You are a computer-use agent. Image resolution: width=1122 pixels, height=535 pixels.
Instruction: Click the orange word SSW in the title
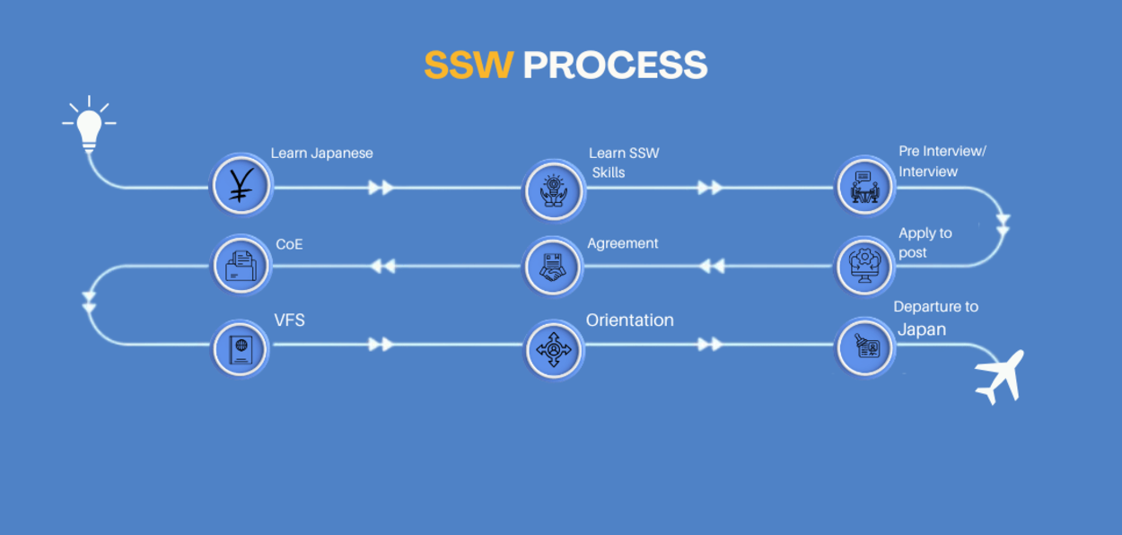click(x=469, y=66)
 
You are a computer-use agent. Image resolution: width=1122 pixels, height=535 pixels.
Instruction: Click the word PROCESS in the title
click(x=615, y=66)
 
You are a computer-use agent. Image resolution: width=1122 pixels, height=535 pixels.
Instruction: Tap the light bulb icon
click(x=89, y=124)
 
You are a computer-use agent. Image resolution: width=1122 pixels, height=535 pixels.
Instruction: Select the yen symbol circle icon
click(x=241, y=185)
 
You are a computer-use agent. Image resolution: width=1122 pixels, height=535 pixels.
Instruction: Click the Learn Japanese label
click(x=321, y=153)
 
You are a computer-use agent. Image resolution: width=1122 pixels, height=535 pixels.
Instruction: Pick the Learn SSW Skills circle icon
click(x=554, y=191)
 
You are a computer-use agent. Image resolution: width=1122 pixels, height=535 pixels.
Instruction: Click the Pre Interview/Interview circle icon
click(x=864, y=187)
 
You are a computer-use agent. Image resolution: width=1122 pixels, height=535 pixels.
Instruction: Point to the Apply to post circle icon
click(x=864, y=266)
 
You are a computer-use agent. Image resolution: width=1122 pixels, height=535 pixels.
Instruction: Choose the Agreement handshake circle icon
click(x=553, y=267)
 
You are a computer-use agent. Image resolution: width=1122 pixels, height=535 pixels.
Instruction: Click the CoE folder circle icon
click(x=241, y=265)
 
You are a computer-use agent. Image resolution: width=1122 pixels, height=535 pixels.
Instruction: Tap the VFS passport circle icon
click(x=241, y=348)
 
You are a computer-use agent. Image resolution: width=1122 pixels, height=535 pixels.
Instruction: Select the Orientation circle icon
click(x=554, y=349)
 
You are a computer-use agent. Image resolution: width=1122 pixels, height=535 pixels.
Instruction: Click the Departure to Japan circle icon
click(x=864, y=347)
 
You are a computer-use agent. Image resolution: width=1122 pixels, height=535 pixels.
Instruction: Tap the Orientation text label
click(x=629, y=320)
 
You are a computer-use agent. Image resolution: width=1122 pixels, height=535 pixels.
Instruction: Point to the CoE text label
click(x=289, y=244)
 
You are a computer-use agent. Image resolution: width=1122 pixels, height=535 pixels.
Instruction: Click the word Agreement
click(x=622, y=243)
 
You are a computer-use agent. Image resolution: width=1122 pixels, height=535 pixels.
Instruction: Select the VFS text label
click(x=289, y=320)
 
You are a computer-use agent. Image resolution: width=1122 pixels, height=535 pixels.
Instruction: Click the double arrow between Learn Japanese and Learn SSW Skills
click(x=381, y=188)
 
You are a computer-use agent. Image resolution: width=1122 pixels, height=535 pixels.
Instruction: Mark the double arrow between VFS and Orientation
click(x=381, y=344)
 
